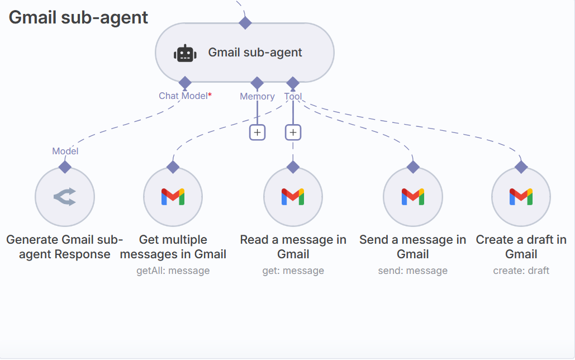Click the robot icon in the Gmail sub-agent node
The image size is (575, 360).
[185, 53]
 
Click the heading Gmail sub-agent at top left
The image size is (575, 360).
[79, 17]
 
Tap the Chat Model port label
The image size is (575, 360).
[184, 96]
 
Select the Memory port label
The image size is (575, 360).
[257, 96]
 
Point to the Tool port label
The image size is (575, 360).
[293, 96]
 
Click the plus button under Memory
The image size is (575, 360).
[257, 132]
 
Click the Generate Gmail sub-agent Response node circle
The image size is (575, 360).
[65, 197]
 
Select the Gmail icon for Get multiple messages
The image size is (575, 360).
[173, 197]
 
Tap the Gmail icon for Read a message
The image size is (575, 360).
[293, 197]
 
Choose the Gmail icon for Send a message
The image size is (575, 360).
[413, 197]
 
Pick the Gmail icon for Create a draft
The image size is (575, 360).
[521, 197]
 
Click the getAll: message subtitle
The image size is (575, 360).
[173, 271]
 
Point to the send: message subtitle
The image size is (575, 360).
[413, 271]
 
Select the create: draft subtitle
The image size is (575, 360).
[521, 271]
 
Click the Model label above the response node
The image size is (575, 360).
[65, 151]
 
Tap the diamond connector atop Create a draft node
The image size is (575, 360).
[521, 167]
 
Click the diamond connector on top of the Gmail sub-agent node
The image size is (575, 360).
[245, 23]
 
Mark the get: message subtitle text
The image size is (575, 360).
[293, 271]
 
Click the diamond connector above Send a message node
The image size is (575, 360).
[413, 167]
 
